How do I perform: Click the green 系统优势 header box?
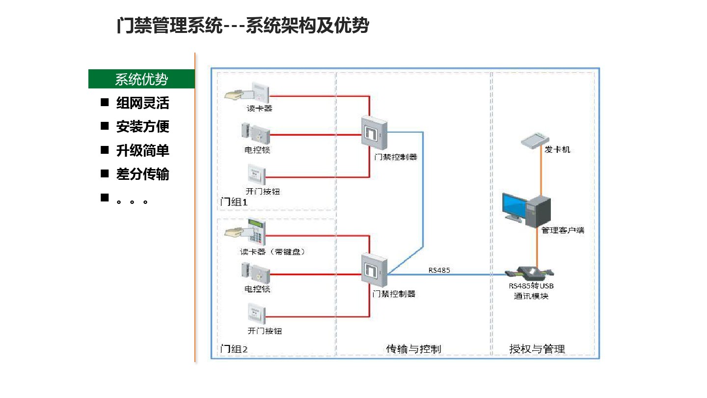[141, 79]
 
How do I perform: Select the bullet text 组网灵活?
[142, 103]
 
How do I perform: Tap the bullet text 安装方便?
[142, 127]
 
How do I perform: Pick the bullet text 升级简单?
[142, 150]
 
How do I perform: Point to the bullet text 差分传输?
[142, 174]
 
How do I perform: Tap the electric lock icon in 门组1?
[255, 132]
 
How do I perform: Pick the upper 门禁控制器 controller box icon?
[375, 132]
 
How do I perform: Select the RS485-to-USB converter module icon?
[531, 273]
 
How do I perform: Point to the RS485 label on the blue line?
[439, 270]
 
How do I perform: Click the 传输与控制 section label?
[413, 349]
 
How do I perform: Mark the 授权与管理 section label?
[537, 349]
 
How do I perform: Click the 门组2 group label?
[234, 349]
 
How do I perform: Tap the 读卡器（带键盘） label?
[272, 252]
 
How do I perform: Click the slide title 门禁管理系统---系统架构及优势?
[243, 26]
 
